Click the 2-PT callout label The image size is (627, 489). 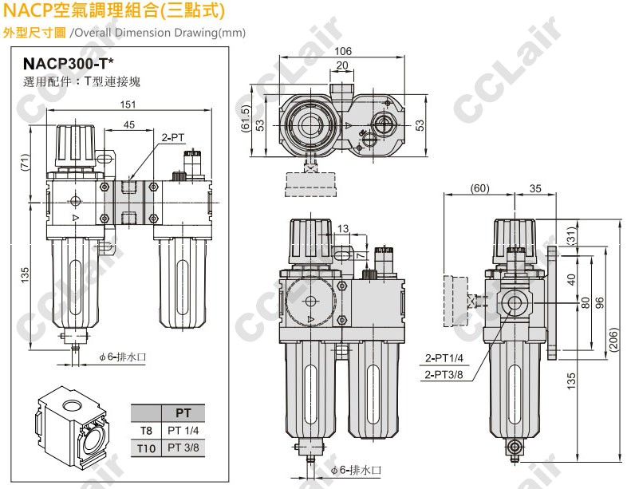173,137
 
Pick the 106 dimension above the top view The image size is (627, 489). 342,53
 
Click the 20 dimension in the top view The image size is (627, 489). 342,65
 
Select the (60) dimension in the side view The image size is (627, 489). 478,189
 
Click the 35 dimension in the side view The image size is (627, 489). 534,189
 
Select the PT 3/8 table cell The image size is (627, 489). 183,448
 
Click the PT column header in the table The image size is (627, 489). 183,413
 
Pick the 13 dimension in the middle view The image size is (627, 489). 342,230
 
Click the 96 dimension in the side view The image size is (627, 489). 599,303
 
